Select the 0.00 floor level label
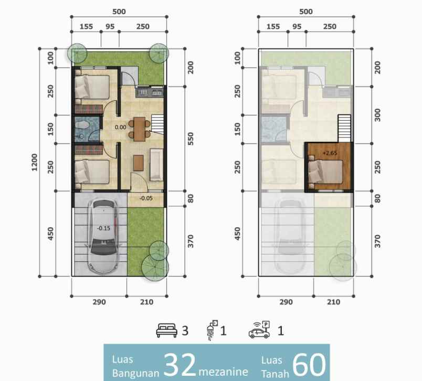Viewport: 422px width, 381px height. pyautogui.click(x=120, y=126)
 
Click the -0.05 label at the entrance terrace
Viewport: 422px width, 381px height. pyautogui.click(x=146, y=198)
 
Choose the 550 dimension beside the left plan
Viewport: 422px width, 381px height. pyautogui.click(x=191, y=138)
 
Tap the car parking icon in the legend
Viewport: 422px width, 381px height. pyautogui.click(x=259, y=331)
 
